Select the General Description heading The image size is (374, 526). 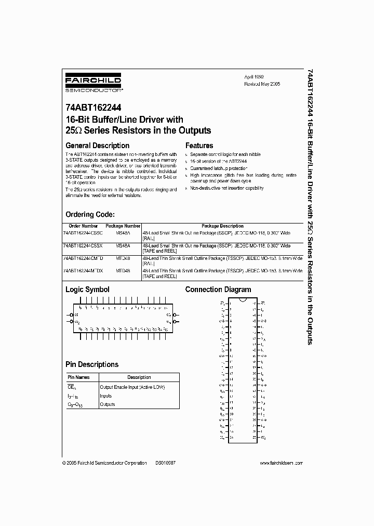click(97, 146)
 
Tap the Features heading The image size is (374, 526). click(199, 146)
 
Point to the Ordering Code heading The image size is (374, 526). click(90, 214)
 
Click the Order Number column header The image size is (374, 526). click(83, 226)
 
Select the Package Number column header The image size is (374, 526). click(123, 226)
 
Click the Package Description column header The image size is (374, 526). click(222, 226)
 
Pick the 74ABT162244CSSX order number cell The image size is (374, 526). click(83, 245)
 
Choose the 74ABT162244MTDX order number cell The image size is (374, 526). click(83, 271)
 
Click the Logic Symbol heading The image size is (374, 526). click(87, 290)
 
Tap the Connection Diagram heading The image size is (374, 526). click(218, 290)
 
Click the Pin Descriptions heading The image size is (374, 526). click(92, 364)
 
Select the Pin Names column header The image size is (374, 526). click(79, 377)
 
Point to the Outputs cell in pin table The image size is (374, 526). click(108, 404)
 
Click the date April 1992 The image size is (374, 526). click(255, 76)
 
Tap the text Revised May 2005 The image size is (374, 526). click(262, 84)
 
